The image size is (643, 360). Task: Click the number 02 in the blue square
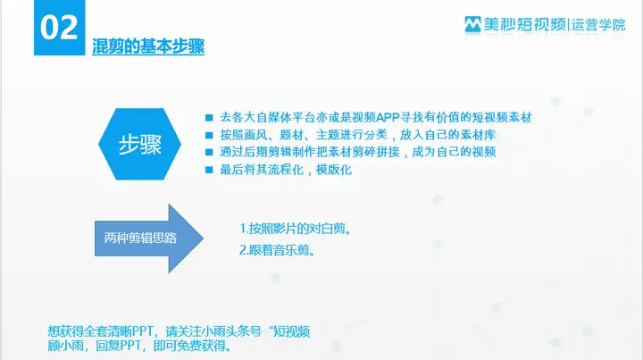click(x=59, y=28)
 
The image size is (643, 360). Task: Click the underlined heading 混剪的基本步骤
click(x=148, y=46)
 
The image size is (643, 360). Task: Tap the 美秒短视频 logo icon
click(x=472, y=24)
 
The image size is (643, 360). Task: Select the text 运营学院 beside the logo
click(x=598, y=25)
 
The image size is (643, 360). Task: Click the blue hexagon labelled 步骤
click(x=139, y=144)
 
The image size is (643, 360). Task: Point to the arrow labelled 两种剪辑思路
click(x=149, y=239)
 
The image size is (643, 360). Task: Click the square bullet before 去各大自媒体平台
click(x=209, y=118)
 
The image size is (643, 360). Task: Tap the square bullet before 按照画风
click(x=209, y=135)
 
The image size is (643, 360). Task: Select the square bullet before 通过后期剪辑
click(x=209, y=153)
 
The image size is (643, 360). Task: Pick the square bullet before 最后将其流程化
click(x=209, y=170)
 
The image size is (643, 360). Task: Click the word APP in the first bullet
click(x=388, y=118)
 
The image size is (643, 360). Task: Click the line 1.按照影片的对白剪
click(x=296, y=229)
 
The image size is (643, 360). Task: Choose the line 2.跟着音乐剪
click(x=277, y=250)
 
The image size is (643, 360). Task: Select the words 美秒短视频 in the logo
click(x=524, y=25)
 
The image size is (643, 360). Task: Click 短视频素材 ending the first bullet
click(x=502, y=118)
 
